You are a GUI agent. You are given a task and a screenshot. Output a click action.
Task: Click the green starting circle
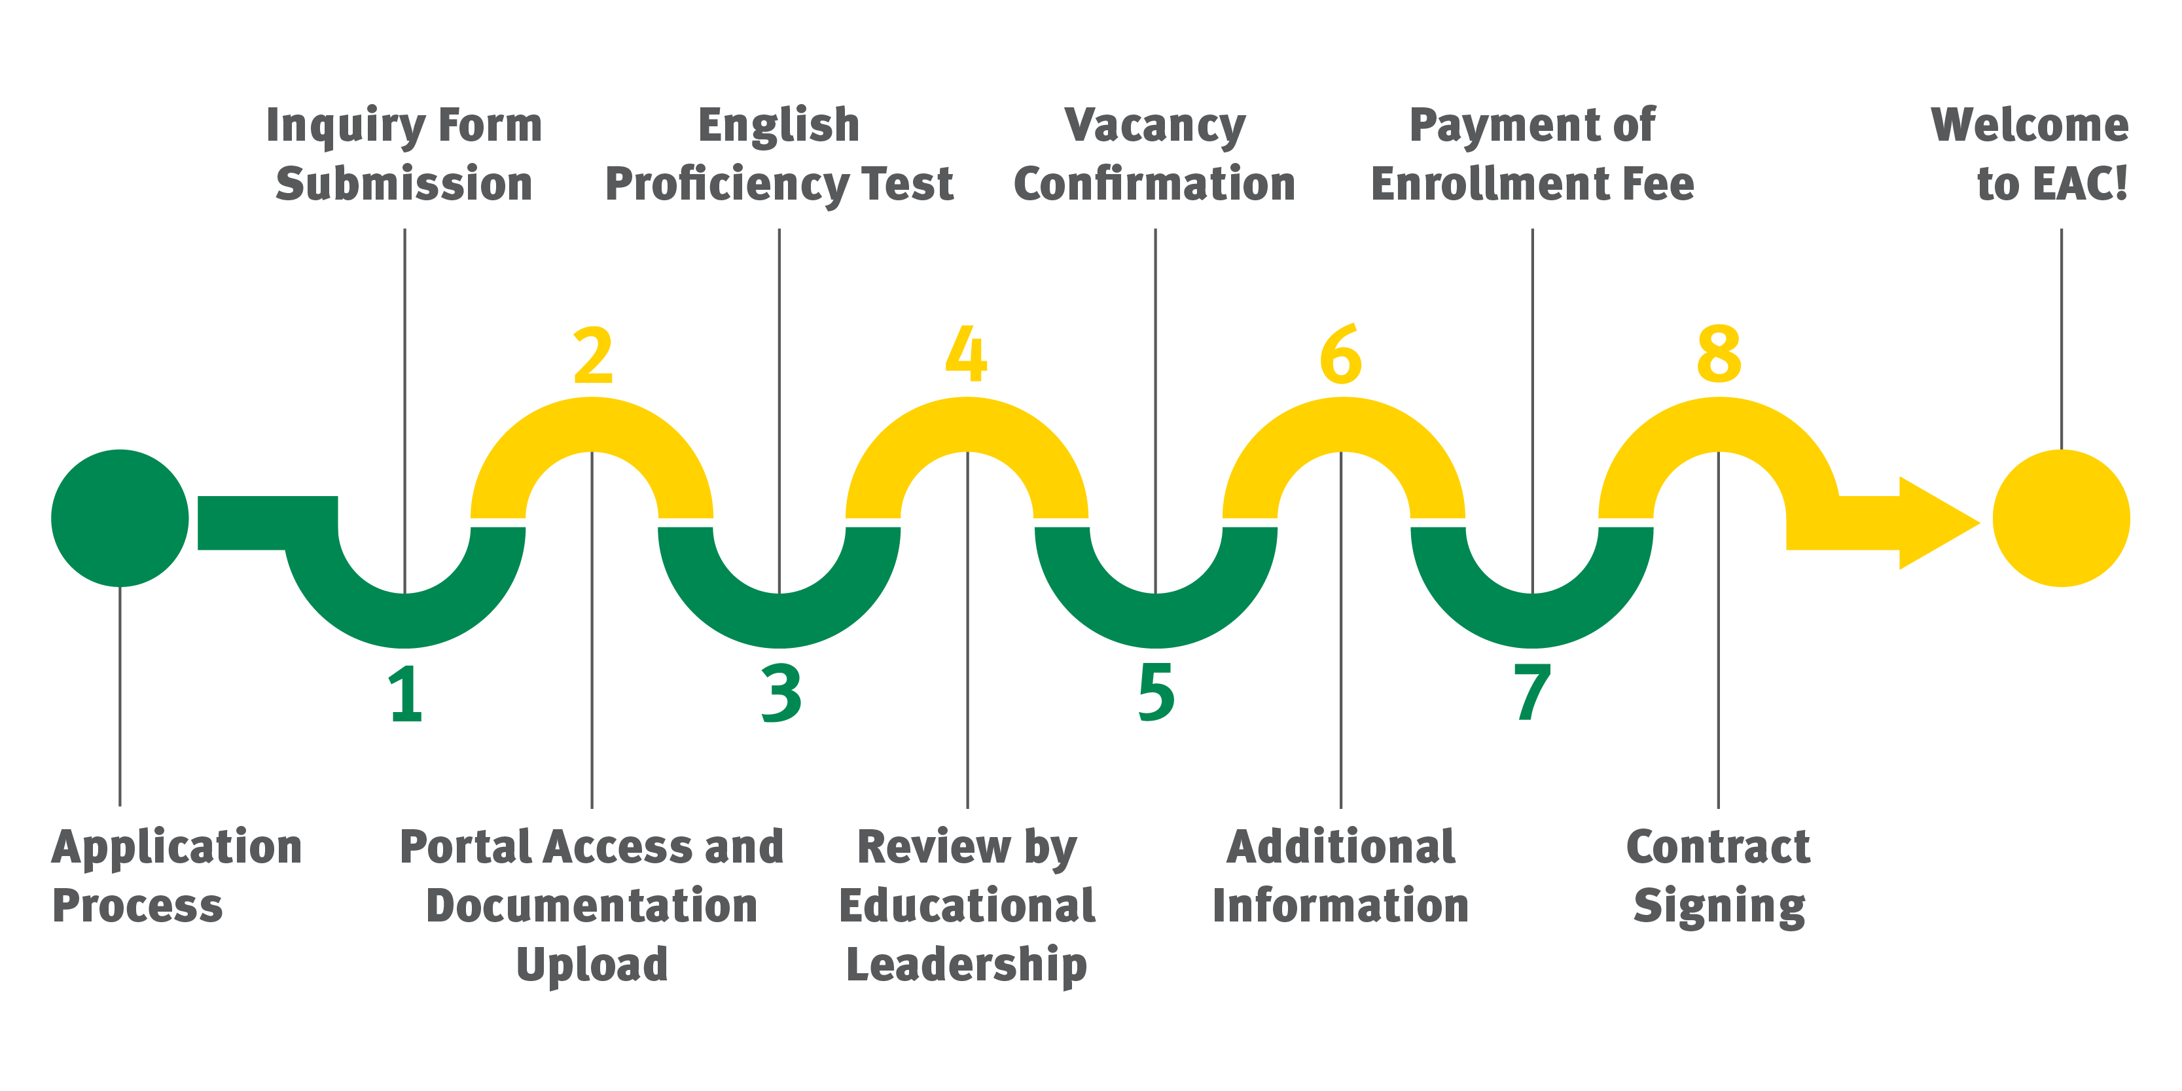(x=119, y=518)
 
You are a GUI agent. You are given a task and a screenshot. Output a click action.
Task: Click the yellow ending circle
(x=2060, y=518)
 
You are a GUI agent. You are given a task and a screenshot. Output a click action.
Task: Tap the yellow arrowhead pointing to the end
(x=1935, y=523)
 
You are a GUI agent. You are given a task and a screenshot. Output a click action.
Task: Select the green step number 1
(x=406, y=694)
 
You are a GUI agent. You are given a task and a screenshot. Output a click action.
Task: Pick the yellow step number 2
(x=593, y=354)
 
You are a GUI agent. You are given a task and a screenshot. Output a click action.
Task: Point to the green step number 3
(x=781, y=694)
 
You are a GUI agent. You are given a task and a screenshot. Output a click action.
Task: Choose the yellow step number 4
(x=967, y=354)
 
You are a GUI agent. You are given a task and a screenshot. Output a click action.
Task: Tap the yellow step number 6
(x=1341, y=354)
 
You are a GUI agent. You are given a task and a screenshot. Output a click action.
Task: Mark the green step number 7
(x=1531, y=694)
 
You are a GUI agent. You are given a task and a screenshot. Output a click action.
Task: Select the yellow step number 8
(x=1719, y=354)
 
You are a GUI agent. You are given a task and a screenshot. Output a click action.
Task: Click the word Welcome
(x=2030, y=126)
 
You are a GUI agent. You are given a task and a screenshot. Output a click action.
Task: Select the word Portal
(x=463, y=846)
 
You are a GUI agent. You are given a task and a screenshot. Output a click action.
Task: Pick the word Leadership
(x=967, y=965)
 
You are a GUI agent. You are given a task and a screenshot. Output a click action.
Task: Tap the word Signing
(x=1719, y=907)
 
